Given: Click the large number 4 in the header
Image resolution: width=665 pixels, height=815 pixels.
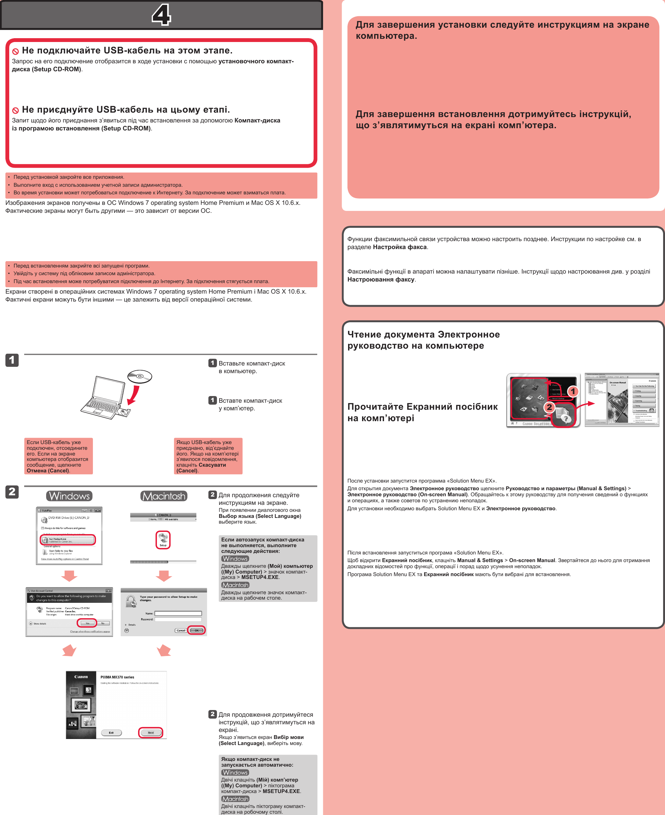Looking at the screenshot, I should (x=161, y=15).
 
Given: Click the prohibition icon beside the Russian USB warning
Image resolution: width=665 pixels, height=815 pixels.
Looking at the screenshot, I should (x=16, y=51).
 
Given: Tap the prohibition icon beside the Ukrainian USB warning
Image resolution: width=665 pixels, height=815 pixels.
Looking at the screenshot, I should (x=16, y=110).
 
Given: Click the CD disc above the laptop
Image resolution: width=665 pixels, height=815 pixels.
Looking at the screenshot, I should (x=140, y=376).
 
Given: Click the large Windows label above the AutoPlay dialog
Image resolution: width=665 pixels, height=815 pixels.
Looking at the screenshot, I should (x=69, y=496).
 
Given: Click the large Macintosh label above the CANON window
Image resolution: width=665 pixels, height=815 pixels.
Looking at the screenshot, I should (x=164, y=496).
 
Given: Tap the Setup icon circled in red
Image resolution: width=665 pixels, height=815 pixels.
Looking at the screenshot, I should (x=163, y=539).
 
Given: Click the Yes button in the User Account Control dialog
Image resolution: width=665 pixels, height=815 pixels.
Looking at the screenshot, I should (x=87, y=623).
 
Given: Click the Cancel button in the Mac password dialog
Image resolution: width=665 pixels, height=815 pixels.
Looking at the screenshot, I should (x=181, y=630).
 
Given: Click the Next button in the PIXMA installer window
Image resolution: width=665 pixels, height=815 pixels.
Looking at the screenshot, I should (x=150, y=732).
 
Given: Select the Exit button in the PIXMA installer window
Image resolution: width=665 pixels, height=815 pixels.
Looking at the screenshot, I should (x=111, y=732).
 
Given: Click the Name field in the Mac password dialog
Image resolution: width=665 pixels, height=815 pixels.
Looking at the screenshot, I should (x=178, y=613).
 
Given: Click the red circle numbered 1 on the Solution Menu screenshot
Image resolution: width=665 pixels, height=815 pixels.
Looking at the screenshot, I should (x=573, y=391).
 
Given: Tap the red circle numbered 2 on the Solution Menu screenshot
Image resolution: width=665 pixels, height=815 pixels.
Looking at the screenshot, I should (x=549, y=407).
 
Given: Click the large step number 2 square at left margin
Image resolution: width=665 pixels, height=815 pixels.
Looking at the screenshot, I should (x=12, y=492).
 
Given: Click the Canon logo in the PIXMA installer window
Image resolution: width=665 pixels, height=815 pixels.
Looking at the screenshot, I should (x=81, y=677).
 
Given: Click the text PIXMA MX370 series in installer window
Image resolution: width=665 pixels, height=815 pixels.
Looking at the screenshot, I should (x=117, y=677).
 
